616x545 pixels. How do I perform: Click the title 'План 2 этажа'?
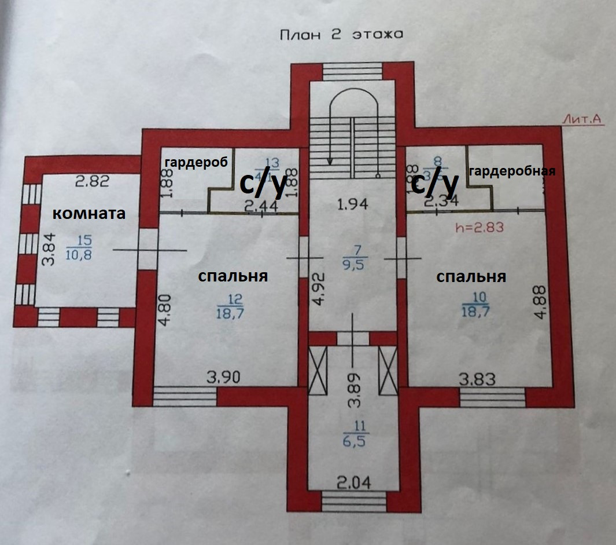point(341,35)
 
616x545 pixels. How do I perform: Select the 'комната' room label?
point(89,214)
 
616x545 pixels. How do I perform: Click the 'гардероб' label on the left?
point(194,161)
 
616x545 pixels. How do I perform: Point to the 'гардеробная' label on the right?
point(512,171)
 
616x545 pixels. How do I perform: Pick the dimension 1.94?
point(353,203)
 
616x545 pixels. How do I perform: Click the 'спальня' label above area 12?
point(233,276)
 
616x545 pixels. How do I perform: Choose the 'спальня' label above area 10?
point(471,276)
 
